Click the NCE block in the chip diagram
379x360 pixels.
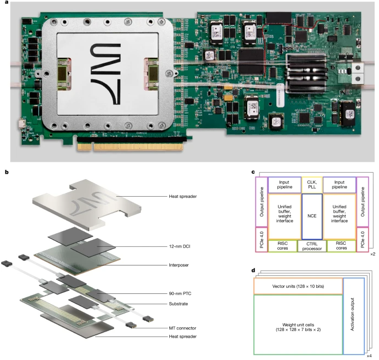tap(311, 215)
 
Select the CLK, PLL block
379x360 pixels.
tap(311, 184)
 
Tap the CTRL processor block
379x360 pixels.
tap(311, 246)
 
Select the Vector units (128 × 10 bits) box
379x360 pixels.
tap(298, 286)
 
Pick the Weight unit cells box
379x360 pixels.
tap(298, 324)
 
